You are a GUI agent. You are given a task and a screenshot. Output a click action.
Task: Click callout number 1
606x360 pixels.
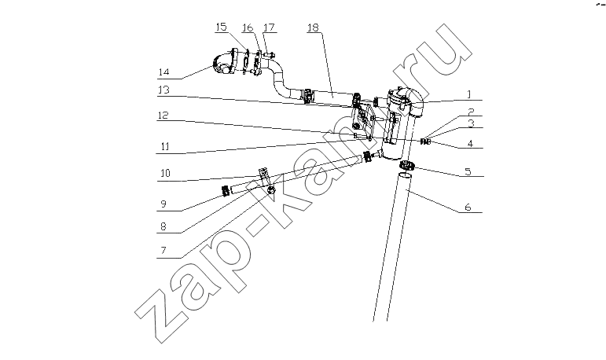(x=469, y=94)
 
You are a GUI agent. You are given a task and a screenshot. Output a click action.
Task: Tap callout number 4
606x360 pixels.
(x=470, y=144)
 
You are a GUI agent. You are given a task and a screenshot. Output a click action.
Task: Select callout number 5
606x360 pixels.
(x=468, y=171)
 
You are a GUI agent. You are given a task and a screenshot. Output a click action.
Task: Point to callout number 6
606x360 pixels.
(x=468, y=208)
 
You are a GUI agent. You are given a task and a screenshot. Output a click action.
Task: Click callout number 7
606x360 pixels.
(x=163, y=251)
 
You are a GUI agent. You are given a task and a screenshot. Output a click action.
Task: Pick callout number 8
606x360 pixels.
(x=163, y=226)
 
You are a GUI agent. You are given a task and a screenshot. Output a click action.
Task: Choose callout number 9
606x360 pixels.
(x=163, y=204)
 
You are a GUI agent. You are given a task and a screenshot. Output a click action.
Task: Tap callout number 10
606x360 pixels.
(x=165, y=173)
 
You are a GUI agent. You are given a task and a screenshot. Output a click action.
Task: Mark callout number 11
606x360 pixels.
(x=164, y=146)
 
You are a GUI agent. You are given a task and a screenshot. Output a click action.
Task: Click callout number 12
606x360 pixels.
(x=163, y=116)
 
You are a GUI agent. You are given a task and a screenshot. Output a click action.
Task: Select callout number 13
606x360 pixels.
(x=163, y=90)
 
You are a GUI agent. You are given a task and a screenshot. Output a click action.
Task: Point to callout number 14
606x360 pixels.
(x=163, y=72)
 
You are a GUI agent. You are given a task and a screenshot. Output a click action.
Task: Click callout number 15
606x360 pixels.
(x=222, y=27)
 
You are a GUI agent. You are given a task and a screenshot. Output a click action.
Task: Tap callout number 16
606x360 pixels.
(x=248, y=28)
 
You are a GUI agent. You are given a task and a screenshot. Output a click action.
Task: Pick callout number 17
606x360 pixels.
(x=269, y=28)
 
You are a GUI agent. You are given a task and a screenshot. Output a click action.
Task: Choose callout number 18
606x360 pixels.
(x=313, y=28)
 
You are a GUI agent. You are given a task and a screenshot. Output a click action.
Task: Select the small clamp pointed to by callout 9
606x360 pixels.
(x=226, y=190)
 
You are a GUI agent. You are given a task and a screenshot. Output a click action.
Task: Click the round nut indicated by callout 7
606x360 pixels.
(x=271, y=190)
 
